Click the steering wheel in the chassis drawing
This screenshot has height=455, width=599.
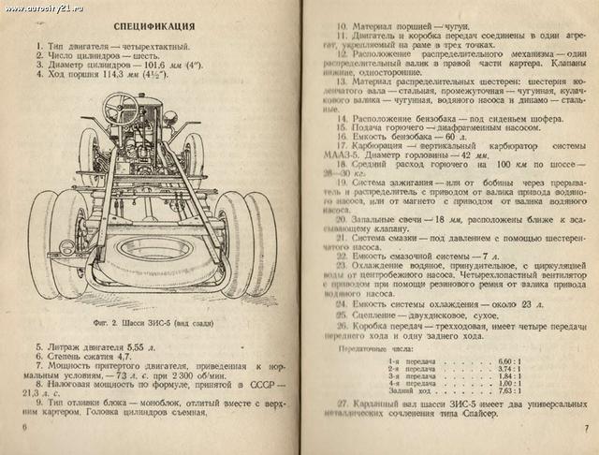[121, 101]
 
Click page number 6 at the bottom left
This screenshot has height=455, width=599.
[24, 427]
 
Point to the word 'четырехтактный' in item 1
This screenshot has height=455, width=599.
[155, 45]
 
